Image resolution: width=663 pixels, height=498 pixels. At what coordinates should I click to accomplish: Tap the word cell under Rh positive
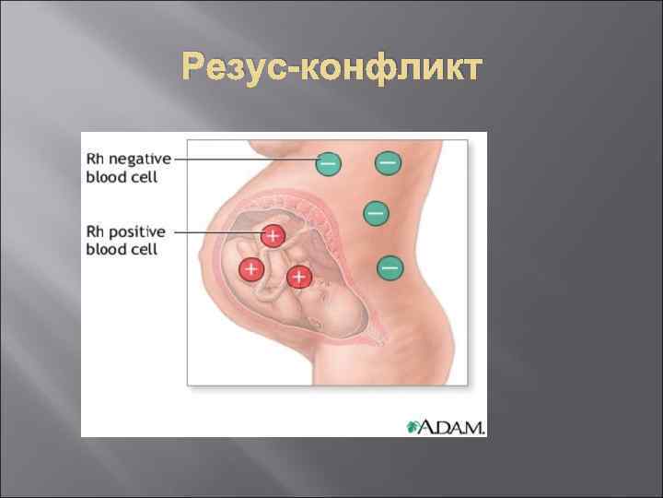point(143,249)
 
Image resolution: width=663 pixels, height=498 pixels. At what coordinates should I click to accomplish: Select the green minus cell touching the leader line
point(328,164)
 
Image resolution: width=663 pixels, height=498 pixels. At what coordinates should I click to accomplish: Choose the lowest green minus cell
point(389,267)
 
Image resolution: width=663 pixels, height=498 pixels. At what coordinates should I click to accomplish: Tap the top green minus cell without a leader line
point(388,162)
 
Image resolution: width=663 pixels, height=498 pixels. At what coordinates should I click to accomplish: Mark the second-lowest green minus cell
point(376,213)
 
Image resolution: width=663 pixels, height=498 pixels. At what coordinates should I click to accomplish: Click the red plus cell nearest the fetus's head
point(297,276)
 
